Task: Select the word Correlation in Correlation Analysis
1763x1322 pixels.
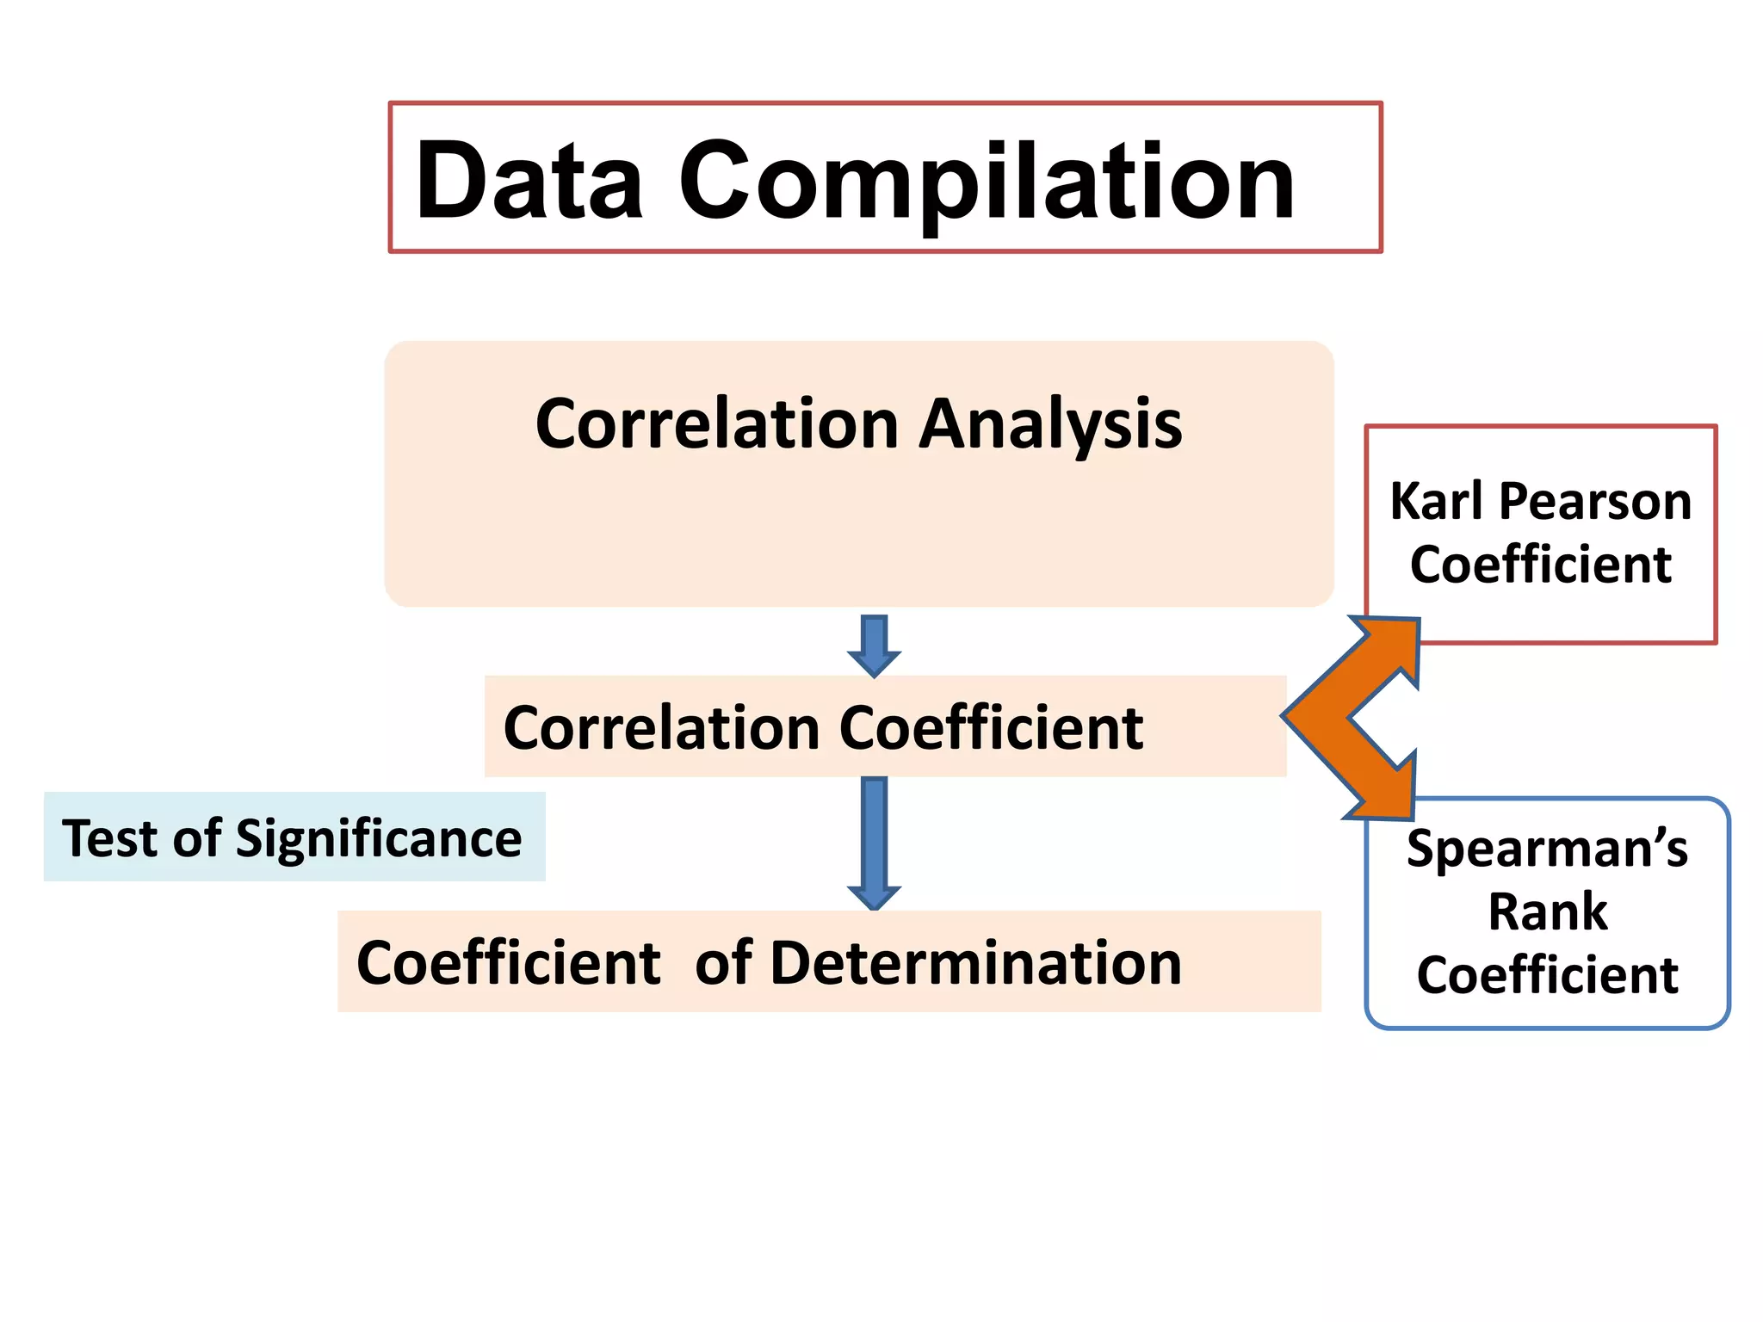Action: coord(717,424)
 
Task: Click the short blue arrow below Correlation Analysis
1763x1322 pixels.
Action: coord(874,646)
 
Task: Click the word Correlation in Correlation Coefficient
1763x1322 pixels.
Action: coord(661,728)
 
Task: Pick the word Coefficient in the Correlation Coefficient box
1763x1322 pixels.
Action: coord(991,728)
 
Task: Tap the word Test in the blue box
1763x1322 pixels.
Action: coord(110,838)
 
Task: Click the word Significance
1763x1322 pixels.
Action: coord(379,838)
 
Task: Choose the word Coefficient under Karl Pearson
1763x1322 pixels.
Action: coord(1540,565)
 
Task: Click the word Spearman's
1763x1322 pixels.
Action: coord(1547,849)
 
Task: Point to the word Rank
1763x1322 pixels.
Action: coord(1547,911)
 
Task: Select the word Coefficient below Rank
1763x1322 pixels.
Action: coord(1547,975)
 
